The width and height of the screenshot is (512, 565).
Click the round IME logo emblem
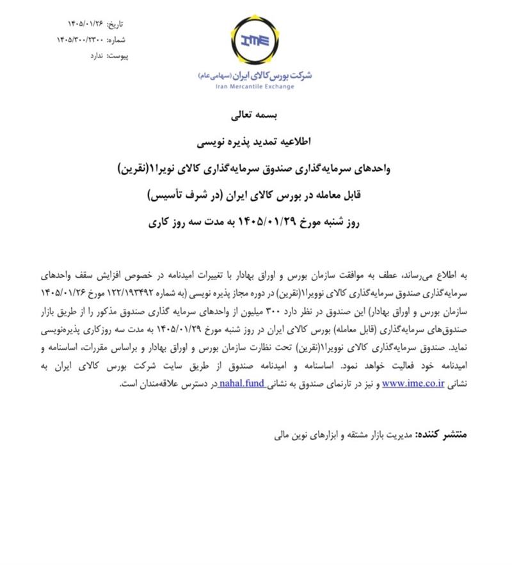coord(256,42)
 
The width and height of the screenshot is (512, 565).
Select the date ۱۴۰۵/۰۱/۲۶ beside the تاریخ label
coord(84,24)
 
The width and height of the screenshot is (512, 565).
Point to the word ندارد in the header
coord(93,56)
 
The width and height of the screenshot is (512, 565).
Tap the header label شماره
coord(116,40)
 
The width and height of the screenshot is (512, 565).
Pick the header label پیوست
coord(118,56)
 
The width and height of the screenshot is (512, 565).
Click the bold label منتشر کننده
coord(442,435)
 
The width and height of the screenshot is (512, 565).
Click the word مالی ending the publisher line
coord(282,436)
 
